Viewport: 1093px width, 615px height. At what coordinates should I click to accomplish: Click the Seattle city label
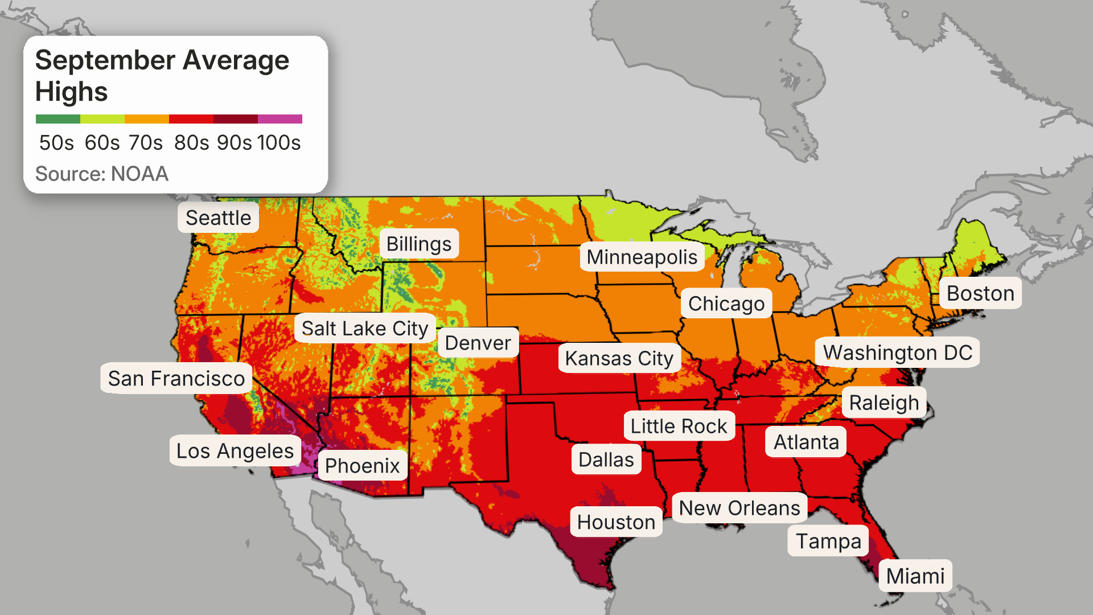(218, 218)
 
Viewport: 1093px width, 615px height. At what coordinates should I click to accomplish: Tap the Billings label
(419, 244)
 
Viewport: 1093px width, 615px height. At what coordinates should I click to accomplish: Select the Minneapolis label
(642, 257)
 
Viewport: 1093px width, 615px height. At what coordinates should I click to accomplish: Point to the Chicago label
(726, 304)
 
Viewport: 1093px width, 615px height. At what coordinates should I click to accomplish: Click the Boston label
(980, 293)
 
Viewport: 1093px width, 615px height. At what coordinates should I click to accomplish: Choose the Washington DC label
(897, 352)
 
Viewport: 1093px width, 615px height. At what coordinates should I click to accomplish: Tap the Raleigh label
(884, 403)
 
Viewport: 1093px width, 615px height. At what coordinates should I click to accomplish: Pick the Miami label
(915, 576)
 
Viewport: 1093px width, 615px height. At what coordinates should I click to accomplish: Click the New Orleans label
(739, 508)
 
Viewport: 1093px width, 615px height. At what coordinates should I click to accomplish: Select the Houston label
(616, 522)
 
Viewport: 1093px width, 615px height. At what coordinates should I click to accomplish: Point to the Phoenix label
(362, 466)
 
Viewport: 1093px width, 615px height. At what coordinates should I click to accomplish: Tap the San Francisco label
(176, 378)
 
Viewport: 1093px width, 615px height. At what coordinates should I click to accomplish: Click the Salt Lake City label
(365, 329)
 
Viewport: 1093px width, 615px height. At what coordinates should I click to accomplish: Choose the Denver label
(478, 343)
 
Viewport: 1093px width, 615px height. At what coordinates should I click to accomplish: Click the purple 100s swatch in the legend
(280, 119)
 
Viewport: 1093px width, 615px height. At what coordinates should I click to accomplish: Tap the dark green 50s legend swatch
(57, 119)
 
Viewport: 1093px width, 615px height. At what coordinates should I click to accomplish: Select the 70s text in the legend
(146, 142)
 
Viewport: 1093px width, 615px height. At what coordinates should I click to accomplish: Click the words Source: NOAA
(102, 174)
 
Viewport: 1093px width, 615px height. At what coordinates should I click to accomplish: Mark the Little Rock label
(679, 426)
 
